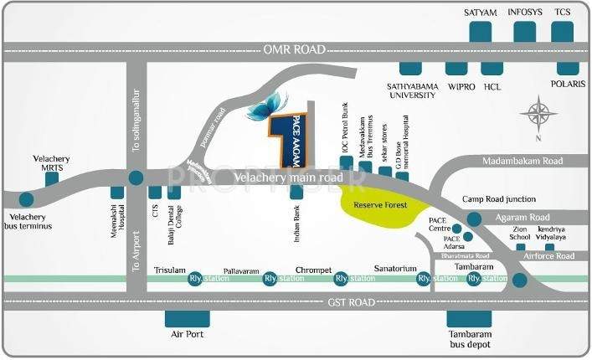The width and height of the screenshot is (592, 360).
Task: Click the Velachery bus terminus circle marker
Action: click(x=26, y=199)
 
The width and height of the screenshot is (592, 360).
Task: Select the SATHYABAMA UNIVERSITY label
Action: click(x=412, y=90)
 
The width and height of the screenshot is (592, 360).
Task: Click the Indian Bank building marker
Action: click(x=296, y=192)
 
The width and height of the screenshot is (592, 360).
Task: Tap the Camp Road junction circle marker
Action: click(x=475, y=219)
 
